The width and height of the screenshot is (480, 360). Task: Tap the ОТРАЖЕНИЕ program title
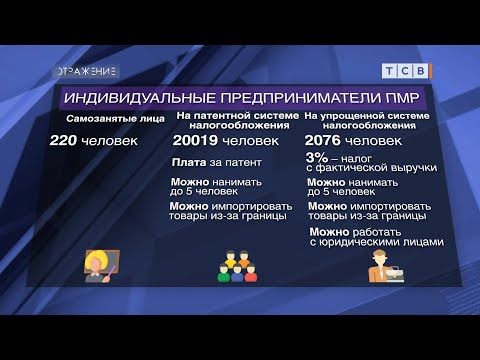[86, 71]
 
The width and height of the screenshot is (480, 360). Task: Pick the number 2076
[326, 143]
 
